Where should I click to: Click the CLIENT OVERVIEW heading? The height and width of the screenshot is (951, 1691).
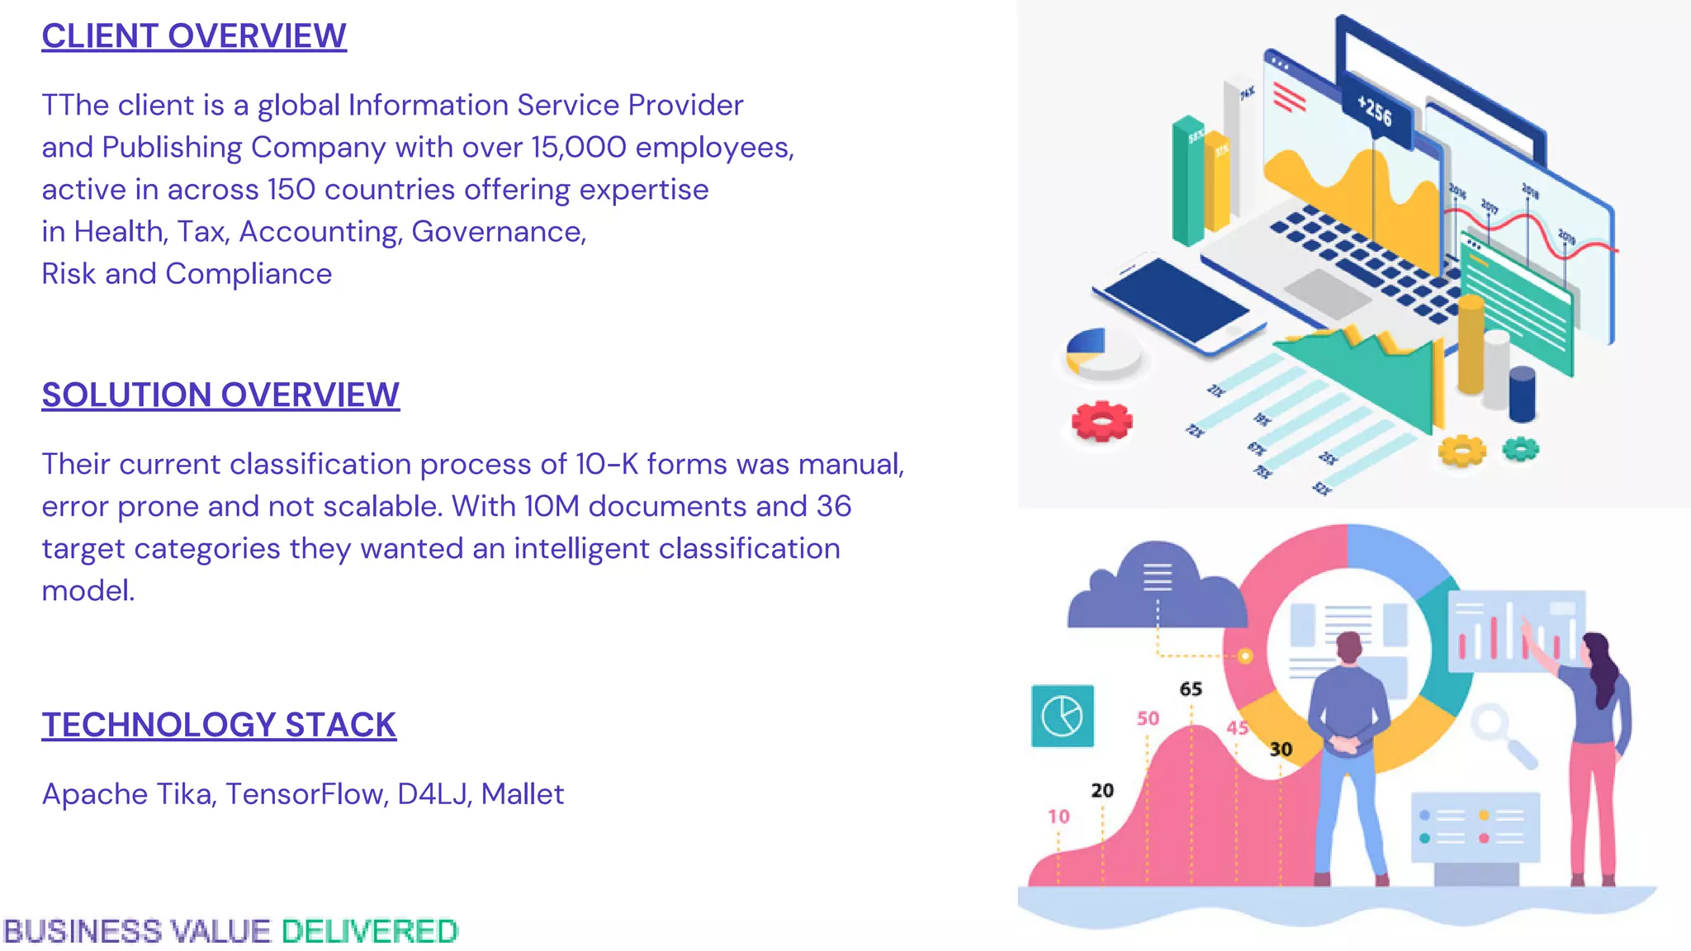[194, 36]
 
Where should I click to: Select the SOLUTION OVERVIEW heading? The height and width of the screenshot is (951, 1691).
[220, 395]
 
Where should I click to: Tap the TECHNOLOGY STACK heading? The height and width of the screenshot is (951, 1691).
[219, 725]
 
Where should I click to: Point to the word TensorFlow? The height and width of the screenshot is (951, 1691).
[306, 794]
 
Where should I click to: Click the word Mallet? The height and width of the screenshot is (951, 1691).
[523, 794]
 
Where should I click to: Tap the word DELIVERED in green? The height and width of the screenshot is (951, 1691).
[369, 932]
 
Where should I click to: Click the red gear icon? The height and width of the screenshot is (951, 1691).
[1101, 421]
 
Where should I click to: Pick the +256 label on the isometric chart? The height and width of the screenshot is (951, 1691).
[1375, 111]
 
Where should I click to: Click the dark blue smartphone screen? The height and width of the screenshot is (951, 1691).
[1176, 300]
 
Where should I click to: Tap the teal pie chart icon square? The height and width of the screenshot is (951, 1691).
[1063, 716]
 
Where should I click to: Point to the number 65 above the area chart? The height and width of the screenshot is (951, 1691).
[1191, 688]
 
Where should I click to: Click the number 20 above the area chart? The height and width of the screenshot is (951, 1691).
[1102, 790]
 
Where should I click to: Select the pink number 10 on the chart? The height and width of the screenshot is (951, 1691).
[1059, 816]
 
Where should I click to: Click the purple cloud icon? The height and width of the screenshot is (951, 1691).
[1156, 586]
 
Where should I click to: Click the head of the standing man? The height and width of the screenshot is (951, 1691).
[1348, 646]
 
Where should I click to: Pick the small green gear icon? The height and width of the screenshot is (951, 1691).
[1520, 449]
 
